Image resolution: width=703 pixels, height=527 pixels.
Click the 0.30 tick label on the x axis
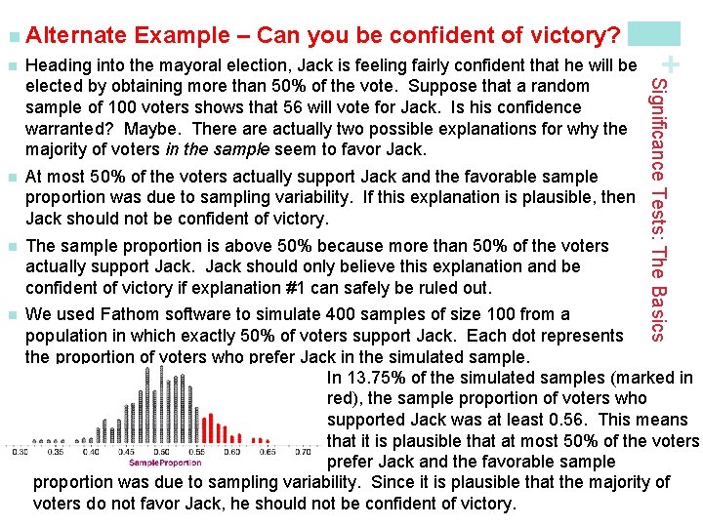coord(20,451)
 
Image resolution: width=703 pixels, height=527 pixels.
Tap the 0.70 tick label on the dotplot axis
coord(302,451)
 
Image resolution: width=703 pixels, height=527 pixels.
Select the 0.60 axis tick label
coord(232,451)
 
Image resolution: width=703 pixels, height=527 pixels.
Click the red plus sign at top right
coord(671,64)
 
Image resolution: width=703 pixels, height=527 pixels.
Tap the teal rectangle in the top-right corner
coord(653,32)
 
